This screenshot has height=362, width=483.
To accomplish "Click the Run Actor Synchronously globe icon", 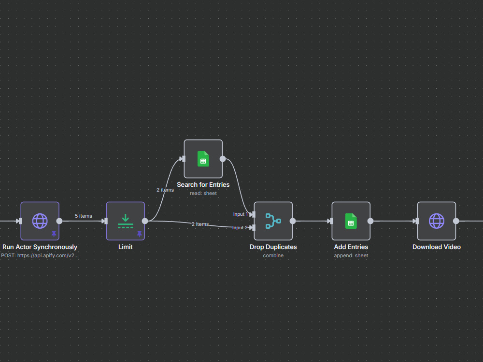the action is coord(40,221).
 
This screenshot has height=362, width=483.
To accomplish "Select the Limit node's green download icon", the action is coord(126,221).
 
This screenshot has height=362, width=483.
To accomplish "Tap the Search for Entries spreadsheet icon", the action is coord(203,159).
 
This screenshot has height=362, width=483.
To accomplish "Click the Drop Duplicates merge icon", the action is coord(273,221).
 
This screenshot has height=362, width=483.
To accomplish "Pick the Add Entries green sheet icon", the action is coord(351,221).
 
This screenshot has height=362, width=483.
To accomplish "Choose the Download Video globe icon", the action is coord(437,221).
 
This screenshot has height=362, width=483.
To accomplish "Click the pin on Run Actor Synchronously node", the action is coord(54,234).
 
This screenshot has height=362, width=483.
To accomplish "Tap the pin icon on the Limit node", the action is coord(140,234).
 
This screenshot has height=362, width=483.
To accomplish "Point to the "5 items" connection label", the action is coord(84,216).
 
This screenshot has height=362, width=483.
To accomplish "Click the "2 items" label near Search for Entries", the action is coord(165,190).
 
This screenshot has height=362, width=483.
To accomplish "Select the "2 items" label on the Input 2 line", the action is coord(200,224).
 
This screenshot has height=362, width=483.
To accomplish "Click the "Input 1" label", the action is coord(241,214).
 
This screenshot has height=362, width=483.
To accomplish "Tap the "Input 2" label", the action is coord(240,228).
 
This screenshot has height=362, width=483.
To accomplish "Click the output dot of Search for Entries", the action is coord(223,159).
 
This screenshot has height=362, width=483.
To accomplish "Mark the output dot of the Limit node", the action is coord(145,221).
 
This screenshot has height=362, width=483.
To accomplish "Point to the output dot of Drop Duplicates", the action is coord(293,221).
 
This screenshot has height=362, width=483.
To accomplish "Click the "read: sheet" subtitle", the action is coord(203,194).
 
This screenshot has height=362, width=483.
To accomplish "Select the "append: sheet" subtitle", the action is coord(351,255).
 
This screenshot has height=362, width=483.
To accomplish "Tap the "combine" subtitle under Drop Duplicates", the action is coord(273,255).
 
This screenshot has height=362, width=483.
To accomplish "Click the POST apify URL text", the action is coord(40,255).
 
